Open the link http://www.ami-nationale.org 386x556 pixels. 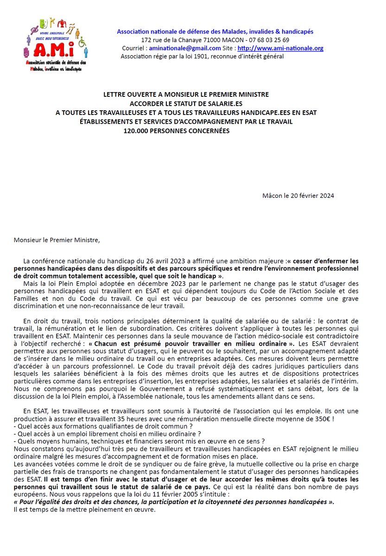pos(280,48)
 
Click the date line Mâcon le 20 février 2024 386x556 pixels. pos(298,196)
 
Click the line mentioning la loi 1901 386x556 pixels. pos(202,57)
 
